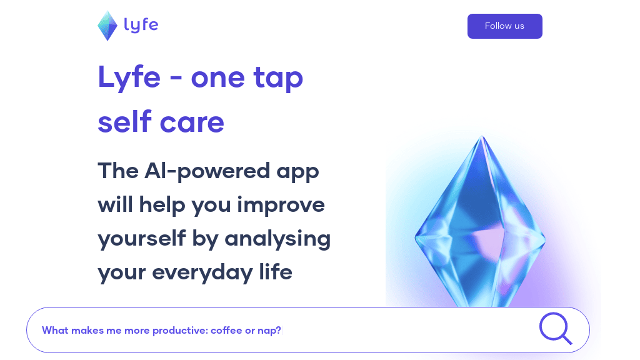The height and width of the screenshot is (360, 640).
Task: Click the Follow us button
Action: pyautogui.click(x=504, y=26)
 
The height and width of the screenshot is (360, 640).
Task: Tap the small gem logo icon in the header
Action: pyautogui.click(x=107, y=26)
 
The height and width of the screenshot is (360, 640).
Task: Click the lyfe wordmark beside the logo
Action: pyautogui.click(x=141, y=25)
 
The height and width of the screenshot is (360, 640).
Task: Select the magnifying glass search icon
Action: pyautogui.click(x=556, y=329)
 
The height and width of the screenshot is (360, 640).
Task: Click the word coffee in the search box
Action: pyautogui.click(x=226, y=330)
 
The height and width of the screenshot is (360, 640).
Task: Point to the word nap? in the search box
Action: pyautogui.click(x=269, y=331)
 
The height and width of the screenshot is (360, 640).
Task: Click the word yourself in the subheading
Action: pyautogui.click(x=142, y=238)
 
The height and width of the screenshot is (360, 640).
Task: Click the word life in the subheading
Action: pyautogui.click(x=275, y=272)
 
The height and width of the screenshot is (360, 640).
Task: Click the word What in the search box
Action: pyautogui.click(x=55, y=330)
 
